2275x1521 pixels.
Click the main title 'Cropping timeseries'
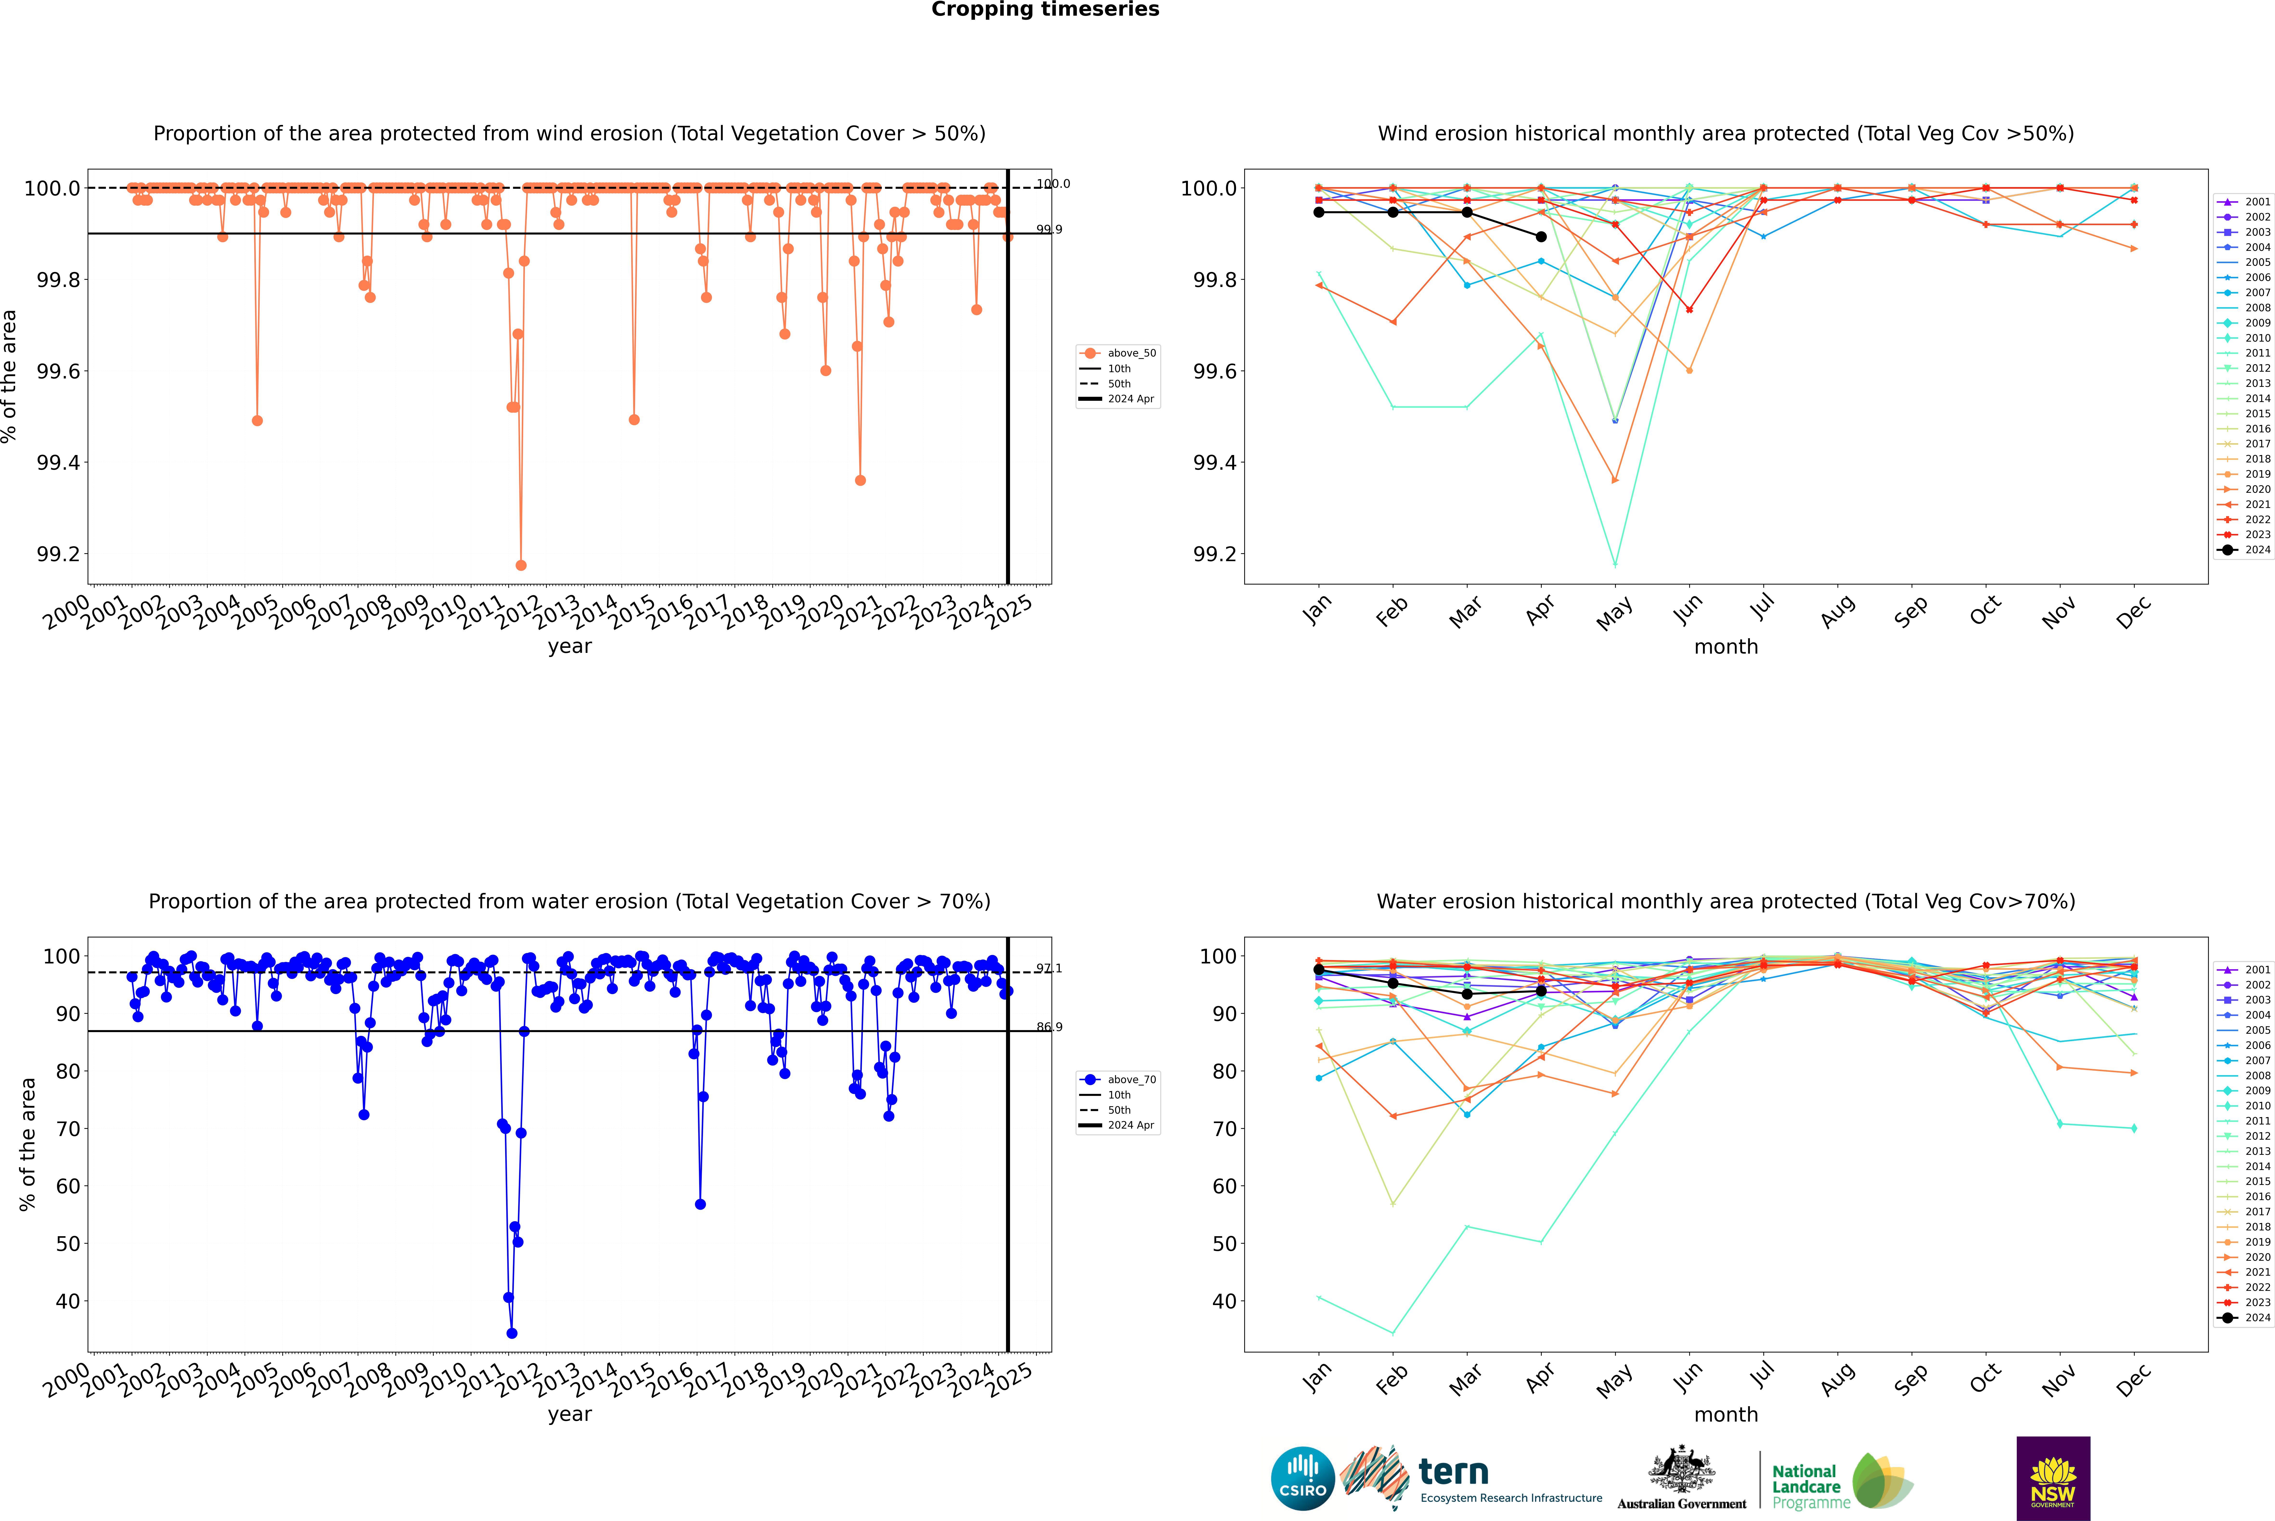(x=1044, y=10)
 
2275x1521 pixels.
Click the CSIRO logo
(x=1302, y=1478)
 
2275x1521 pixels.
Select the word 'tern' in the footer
(x=1453, y=1472)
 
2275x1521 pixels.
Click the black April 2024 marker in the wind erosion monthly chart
(x=1541, y=237)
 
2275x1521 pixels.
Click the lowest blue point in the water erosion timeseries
(x=512, y=1333)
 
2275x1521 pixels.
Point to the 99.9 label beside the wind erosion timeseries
(x=1048, y=230)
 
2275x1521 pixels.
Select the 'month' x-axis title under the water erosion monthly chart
(x=1725, y=1414)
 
